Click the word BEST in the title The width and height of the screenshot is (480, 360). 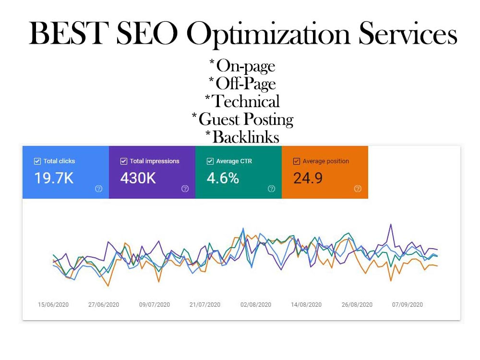(69, 33)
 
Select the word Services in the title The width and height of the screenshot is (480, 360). (408, 33)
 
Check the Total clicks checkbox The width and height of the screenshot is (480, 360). (37, 161)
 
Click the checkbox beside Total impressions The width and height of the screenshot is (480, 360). (124, 161)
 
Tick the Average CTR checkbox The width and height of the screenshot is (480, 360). (210, 161)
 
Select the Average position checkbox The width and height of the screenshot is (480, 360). (296, 161)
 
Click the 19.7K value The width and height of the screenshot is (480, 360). (54, 178)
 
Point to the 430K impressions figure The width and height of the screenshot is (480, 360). (138, 178)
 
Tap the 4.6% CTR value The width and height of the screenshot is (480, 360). (223, 178)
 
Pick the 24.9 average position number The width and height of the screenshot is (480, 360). (308, 178)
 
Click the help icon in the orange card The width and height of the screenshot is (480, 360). (358, 189)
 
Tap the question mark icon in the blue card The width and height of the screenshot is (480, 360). (98, 189)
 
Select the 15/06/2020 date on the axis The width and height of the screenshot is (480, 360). (53, 305)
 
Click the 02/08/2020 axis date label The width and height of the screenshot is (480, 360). (256, 305)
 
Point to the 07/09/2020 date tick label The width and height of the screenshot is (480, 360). (408, 305)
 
